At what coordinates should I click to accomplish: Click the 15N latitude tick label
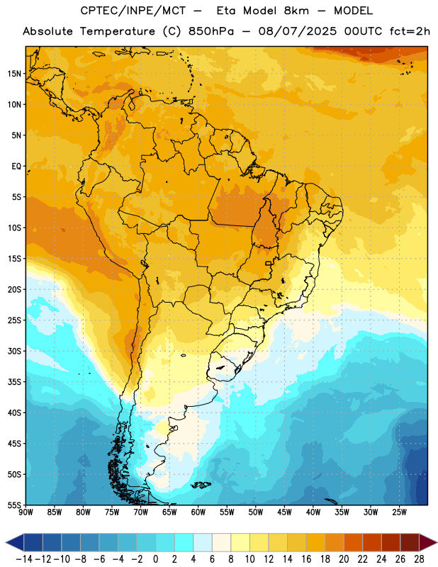point(14,74)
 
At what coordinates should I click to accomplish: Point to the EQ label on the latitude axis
point(16,167)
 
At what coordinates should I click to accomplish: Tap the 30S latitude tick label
point(14,351)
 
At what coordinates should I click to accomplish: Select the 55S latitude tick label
point(14,505)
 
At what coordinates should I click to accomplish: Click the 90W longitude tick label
point(26,512)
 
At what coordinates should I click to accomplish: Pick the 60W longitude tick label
point(198,512)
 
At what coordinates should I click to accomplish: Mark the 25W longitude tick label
point(399,512)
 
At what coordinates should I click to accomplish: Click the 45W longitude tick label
point(284,512)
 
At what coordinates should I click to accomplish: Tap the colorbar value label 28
point(419,559)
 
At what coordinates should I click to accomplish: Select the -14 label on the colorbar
point(24,559)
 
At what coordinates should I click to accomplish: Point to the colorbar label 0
point(156,559)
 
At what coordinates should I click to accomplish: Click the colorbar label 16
point(306,559)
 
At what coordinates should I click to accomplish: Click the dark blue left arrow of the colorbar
point(15,542)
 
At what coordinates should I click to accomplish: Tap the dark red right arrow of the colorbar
point(428,542)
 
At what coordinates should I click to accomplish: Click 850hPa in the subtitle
point(211,31)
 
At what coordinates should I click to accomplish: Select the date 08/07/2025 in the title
point(297,31)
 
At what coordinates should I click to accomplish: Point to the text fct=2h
point(410,31)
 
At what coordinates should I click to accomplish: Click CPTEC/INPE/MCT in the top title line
point(133,11)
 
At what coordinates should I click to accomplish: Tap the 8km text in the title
point(296,11)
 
